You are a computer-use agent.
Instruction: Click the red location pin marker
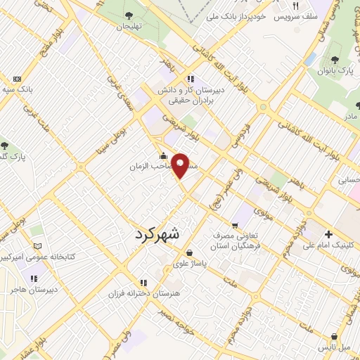[x=181, y=165]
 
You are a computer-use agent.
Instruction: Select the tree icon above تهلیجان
[x=128, y=15]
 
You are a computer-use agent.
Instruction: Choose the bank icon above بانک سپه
[x=18, y=79]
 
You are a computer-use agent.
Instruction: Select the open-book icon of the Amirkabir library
[x=38, y=247]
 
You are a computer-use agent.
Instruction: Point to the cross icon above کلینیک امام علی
[x=328, y=234]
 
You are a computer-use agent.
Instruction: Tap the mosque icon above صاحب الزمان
[x=163, y=156]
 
